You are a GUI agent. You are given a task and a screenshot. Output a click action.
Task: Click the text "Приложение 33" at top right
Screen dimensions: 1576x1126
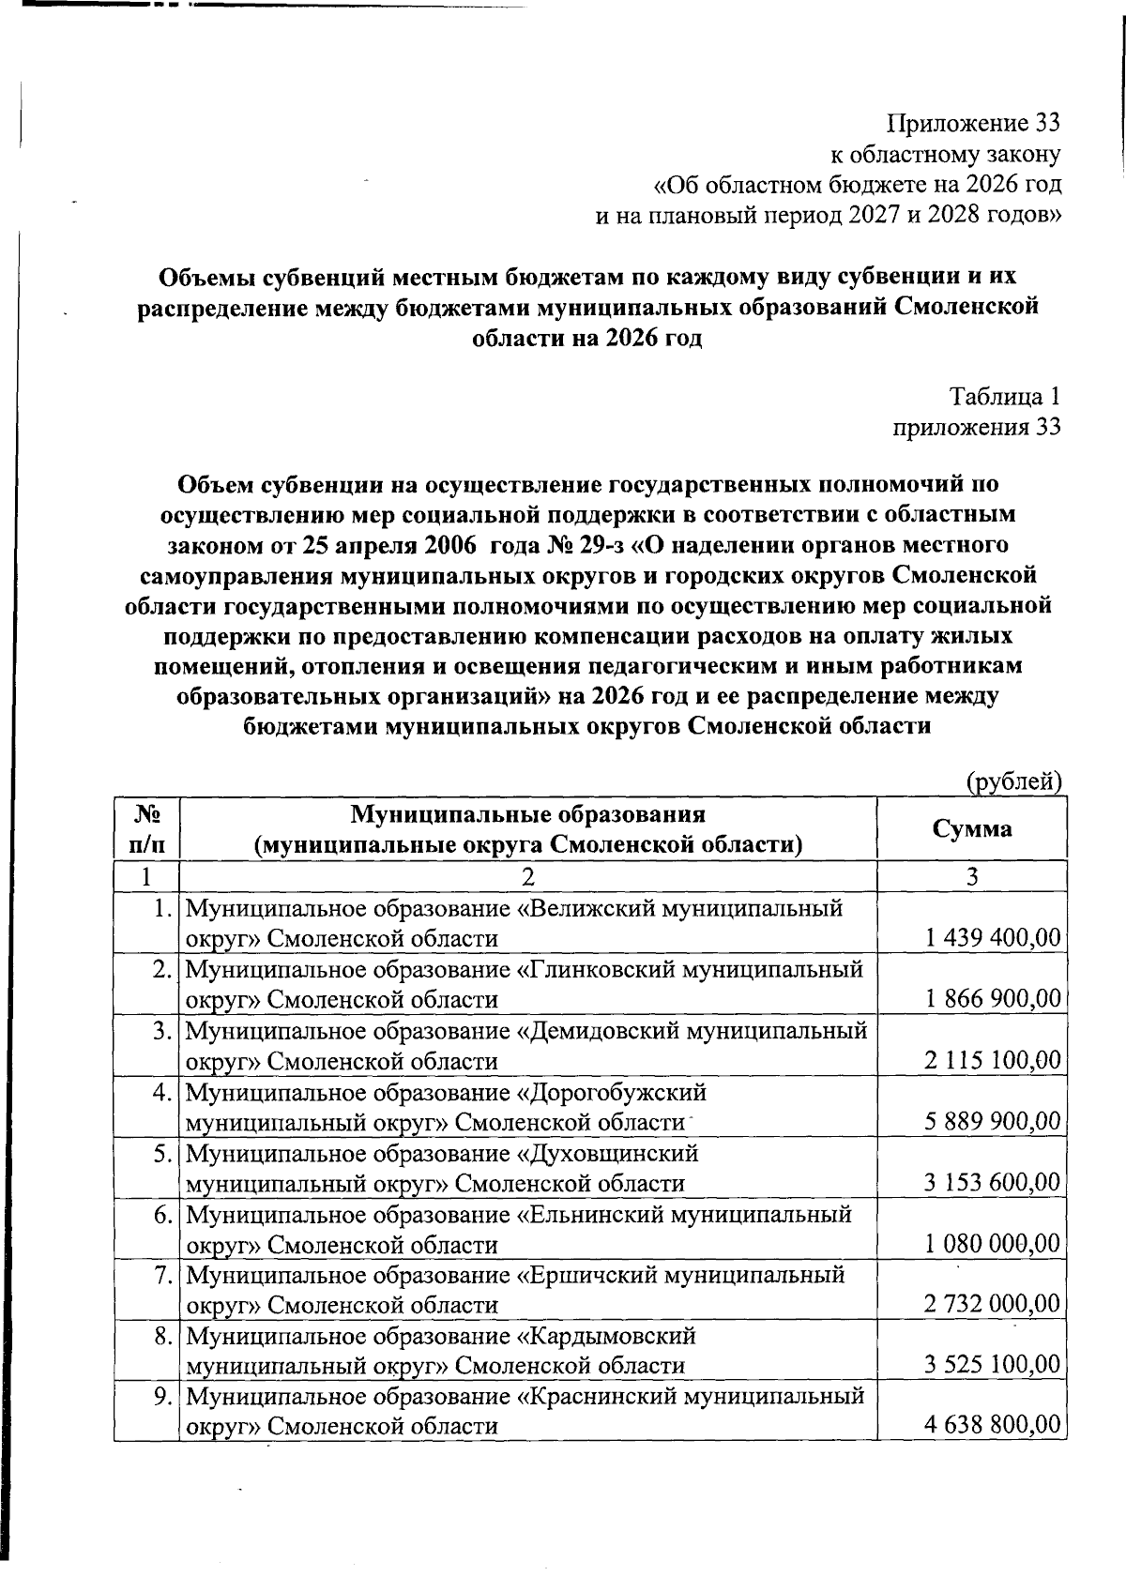[974, 123]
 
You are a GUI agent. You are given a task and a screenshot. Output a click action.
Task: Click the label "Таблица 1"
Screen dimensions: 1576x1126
[1004, 397]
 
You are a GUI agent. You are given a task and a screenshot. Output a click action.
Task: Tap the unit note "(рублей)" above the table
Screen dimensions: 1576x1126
[1013, 780]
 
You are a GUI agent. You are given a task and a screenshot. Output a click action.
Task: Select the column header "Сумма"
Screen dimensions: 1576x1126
[972, 828]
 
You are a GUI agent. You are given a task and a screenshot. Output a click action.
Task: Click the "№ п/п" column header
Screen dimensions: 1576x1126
[145, 828]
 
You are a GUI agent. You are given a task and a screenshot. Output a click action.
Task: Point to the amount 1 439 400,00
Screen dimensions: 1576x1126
[992, 937]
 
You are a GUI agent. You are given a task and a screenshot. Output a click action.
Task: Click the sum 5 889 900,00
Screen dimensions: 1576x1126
[992, 1120]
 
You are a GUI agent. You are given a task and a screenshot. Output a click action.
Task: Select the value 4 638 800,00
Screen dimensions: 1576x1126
[992, 1426]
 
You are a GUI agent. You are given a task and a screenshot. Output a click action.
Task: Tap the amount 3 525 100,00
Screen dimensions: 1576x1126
[992, 1365]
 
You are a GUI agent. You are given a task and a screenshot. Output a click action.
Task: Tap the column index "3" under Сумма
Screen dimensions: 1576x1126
[972, 877]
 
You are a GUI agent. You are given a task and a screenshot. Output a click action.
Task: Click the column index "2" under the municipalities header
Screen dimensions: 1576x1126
[527, 877]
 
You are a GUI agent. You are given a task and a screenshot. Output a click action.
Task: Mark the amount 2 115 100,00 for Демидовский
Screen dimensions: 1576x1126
[992, 1060]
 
